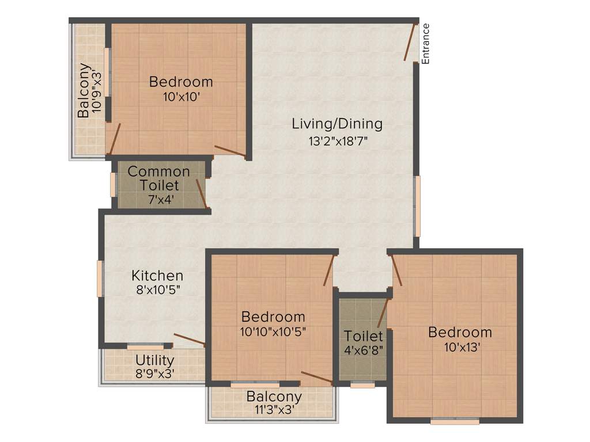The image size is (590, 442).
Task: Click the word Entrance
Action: [x=426, y=43]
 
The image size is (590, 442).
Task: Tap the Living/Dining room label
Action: [x=337, y=124]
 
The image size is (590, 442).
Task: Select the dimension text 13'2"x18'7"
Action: [x=337, y=140]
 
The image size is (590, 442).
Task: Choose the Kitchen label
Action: [x=157, y=276]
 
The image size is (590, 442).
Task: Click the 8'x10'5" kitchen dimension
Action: [x=157, y=291]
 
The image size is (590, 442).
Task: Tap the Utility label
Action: [x=154, y=360]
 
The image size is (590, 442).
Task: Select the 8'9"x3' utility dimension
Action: [x=154, y=373]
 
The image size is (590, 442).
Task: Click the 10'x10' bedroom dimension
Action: [x=181, y=97]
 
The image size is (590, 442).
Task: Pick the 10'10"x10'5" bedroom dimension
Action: [x=273, y=331]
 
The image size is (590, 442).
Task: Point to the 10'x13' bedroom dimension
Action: [x=460, y=347]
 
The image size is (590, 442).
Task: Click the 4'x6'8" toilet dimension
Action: [x=363, y=349]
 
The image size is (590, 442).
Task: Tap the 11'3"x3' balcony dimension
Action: [x=274, y=410]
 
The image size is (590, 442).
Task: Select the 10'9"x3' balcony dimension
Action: [x=99, y=90]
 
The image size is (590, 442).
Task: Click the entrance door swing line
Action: [x=410, y=42]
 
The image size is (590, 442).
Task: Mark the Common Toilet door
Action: [x=201, y=193]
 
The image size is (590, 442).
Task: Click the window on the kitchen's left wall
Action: [x=100, y=279]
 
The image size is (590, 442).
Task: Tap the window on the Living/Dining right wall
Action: [x=417, y=206]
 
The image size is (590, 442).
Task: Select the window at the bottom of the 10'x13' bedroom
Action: [x=455, y=421]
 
